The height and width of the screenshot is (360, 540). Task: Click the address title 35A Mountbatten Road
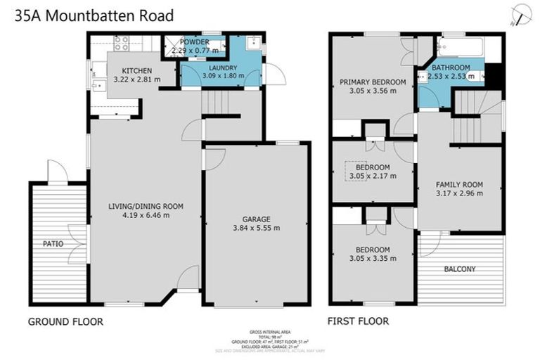pyautogui.click(x=94, y=15)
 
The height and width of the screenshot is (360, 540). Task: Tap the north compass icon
pyautogui.click(x=522, y=12)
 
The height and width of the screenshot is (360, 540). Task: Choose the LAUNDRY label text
pyautogui.click(x=221, y=67)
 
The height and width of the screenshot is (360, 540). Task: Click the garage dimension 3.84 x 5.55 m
pyautogui.click(x=257, y=228)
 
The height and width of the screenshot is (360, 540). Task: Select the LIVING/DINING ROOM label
pyautogui.click(x=146, y=206)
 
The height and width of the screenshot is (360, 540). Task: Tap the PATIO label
pyautogui.click(x=53, y=244)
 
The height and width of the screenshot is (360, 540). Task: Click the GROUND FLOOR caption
pyautogui.click(x=65, y=322)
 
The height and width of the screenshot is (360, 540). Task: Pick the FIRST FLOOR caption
pyautogui.click(x=358, y=322)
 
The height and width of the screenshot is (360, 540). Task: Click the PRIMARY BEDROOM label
pyautogui.click(x=373, y=82)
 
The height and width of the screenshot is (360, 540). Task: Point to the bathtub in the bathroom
pyautogui.click(x=459, y=48)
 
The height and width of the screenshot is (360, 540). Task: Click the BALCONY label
pyautogui.click(x=460, y=269)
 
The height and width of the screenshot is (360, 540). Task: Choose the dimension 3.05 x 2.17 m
pyautogui.click(x=373, y=176)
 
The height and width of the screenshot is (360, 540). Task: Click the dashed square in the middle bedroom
pyautogui.click(x=355, y=170)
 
